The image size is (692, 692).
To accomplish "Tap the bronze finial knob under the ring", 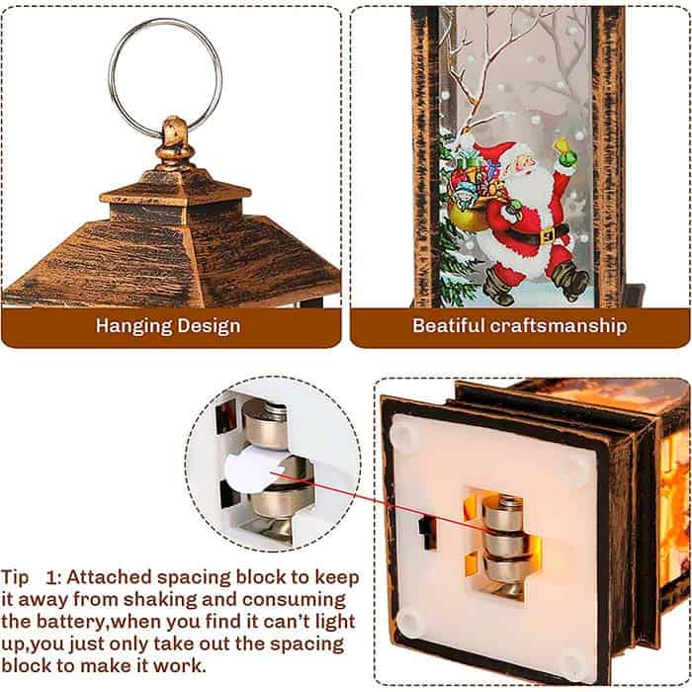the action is [175, 143].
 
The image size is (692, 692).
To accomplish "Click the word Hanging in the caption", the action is [132, 326].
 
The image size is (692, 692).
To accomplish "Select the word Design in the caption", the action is [210, 325].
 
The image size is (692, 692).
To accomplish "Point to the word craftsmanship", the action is [559, 326].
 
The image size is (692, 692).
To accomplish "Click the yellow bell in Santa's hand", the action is [565, 152].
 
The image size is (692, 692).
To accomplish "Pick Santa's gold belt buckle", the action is [548, 235].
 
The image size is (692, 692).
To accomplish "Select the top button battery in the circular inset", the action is [264, 423].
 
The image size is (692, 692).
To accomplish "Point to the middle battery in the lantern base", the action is [505, 545].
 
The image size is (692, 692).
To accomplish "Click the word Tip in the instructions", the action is [15, 578].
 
